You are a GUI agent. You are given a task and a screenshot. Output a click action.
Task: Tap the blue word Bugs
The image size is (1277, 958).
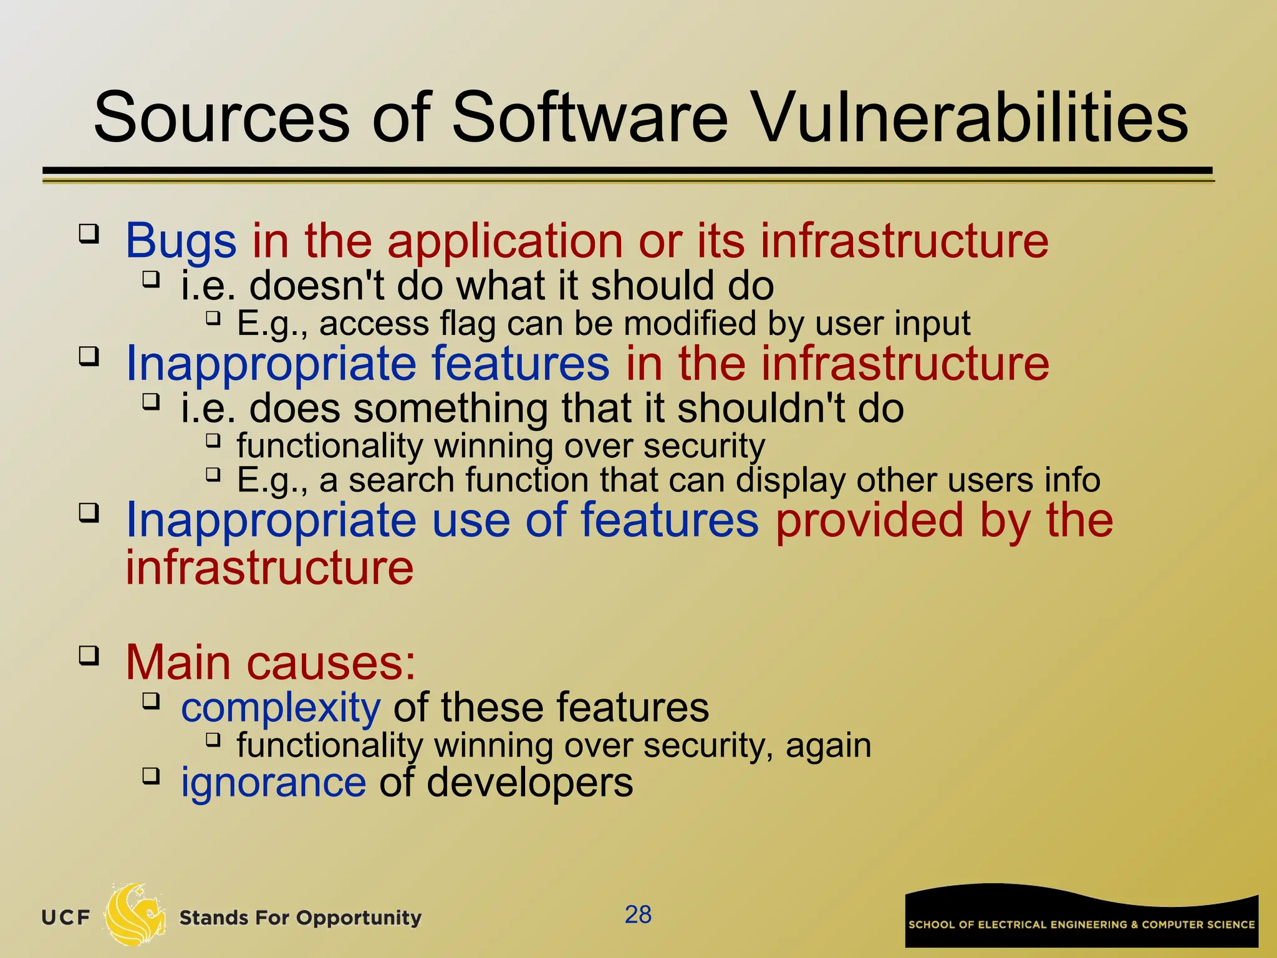[181, 242]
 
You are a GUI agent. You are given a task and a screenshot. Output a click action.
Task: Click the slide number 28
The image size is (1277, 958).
[638, 915]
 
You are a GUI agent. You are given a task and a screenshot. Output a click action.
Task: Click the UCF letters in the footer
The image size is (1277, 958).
[65, 918]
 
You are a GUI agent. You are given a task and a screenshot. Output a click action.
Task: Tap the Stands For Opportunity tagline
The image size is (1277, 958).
[300, 918]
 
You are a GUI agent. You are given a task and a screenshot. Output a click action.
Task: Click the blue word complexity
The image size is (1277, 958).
[281, 709]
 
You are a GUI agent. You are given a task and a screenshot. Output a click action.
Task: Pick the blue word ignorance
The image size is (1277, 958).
[273, 783]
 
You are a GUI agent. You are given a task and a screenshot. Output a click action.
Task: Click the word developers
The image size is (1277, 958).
[529, 783]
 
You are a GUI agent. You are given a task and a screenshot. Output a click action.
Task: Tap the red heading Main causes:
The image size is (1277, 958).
[271, 662]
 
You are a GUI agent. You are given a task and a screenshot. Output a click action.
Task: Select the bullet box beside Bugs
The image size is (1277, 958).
[89, 234]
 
